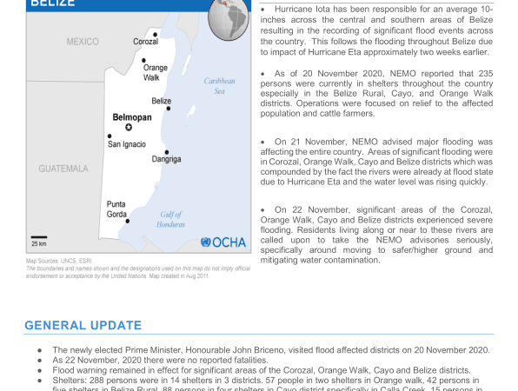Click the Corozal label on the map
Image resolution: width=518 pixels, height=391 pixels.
click(x=145, y=42)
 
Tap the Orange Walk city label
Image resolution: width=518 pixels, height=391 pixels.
click(x=156, y=72)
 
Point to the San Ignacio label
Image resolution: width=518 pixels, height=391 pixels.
click(x=126, y=144)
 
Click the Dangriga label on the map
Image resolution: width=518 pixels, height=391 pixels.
click(x=166, y=160)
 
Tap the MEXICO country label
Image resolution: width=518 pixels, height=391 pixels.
click(x=83, y=42)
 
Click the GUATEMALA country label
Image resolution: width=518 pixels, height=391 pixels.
click(x=63, y=168)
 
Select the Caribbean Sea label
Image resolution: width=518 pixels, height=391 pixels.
click(x=219, y=85)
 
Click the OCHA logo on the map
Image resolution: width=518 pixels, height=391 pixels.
click(x=224, y=242)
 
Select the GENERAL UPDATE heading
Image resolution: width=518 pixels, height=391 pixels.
click(x=83, y=325)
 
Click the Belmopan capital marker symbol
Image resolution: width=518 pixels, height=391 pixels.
click(x=129, y=127)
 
